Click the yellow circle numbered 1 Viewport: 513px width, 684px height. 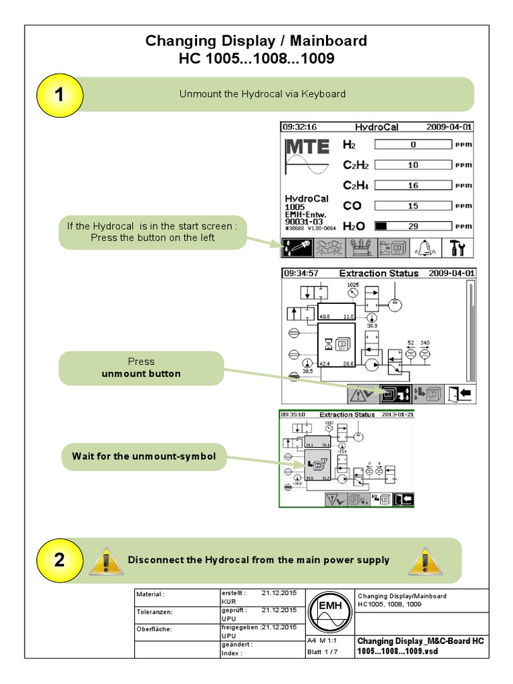pos(59,94)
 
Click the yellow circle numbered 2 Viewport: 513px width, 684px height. pos(59,560)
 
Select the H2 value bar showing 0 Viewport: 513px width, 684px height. pos(413,144)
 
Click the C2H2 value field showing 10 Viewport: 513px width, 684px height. pos(413,165)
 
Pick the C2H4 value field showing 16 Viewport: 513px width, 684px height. pos(413,186)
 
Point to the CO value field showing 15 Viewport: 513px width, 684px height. pos(413,206)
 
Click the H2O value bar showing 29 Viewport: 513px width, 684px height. pos(413,226)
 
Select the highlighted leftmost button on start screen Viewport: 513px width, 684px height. pos(297,248)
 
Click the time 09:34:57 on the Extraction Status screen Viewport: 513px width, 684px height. pos(301,273)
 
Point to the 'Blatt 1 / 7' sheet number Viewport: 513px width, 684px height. pos(323,652)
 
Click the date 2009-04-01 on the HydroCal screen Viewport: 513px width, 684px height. pos(452,126)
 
